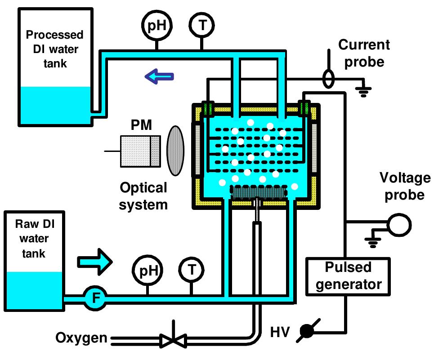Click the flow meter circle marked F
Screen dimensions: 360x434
(95, 298)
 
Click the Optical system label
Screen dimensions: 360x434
(143, 196)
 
